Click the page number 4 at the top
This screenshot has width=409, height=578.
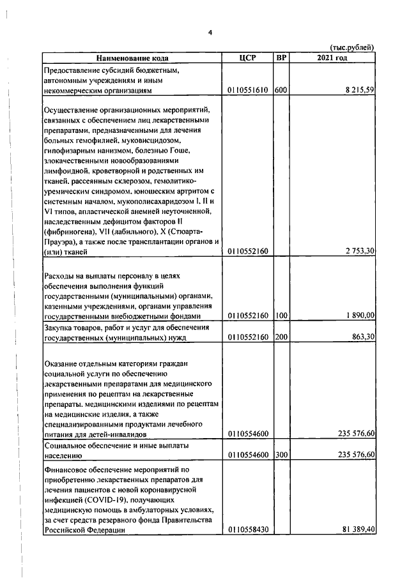[x=210, y=33]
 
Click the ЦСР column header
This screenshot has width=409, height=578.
[x=247, y=58]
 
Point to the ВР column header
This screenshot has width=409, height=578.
[x=281, y=58]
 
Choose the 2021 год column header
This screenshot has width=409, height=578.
[x=332, y=58]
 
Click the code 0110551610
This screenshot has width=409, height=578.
[x=248, y=91]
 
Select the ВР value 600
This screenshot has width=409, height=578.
[x=281, y=91]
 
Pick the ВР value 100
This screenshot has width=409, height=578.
[x=281, y=316]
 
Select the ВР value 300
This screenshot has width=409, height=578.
[x=281, y=455]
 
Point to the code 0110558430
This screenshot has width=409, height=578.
[x=248, y=530]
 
